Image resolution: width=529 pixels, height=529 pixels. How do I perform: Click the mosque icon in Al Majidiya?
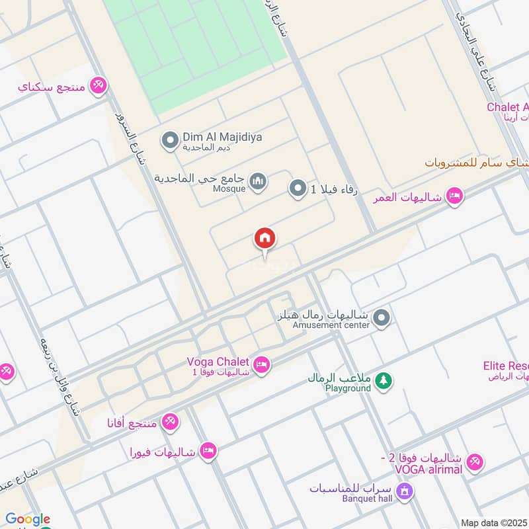(x=258, y=181)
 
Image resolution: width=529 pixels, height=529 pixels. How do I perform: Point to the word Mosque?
(x=229, y=188)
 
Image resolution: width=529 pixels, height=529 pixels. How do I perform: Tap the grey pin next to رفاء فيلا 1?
(x=298, y=190)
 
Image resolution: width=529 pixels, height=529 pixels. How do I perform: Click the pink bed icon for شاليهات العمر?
(x=454, y=196)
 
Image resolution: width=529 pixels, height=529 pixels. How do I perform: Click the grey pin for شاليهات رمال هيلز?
(x=381, y=319)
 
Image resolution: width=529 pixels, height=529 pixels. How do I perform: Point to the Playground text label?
(x=348, y=388)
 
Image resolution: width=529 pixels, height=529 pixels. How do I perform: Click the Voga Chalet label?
(x=218, y=362)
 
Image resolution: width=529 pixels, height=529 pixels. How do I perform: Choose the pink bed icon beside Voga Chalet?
(x=262, y=366)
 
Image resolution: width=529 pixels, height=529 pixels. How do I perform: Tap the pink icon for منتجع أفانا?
(x=171, y=421)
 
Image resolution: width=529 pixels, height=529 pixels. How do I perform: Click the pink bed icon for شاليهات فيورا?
(x=208, y=451)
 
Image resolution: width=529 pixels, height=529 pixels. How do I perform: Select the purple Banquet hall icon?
(x=406, y=491)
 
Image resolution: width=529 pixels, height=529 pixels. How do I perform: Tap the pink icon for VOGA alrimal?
(x=474, y=463)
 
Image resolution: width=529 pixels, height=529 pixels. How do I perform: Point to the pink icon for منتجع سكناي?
(x=99, y=85)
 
